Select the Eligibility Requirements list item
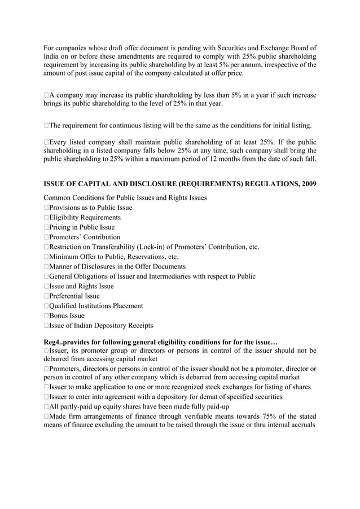pyautogui.click(x=84, y=217)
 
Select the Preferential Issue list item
pyautogui.click(x=74, y=296)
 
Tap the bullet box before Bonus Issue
pyautogui.click(x=46, y=316)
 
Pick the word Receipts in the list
pyautogui.click(x=138, y=326)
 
